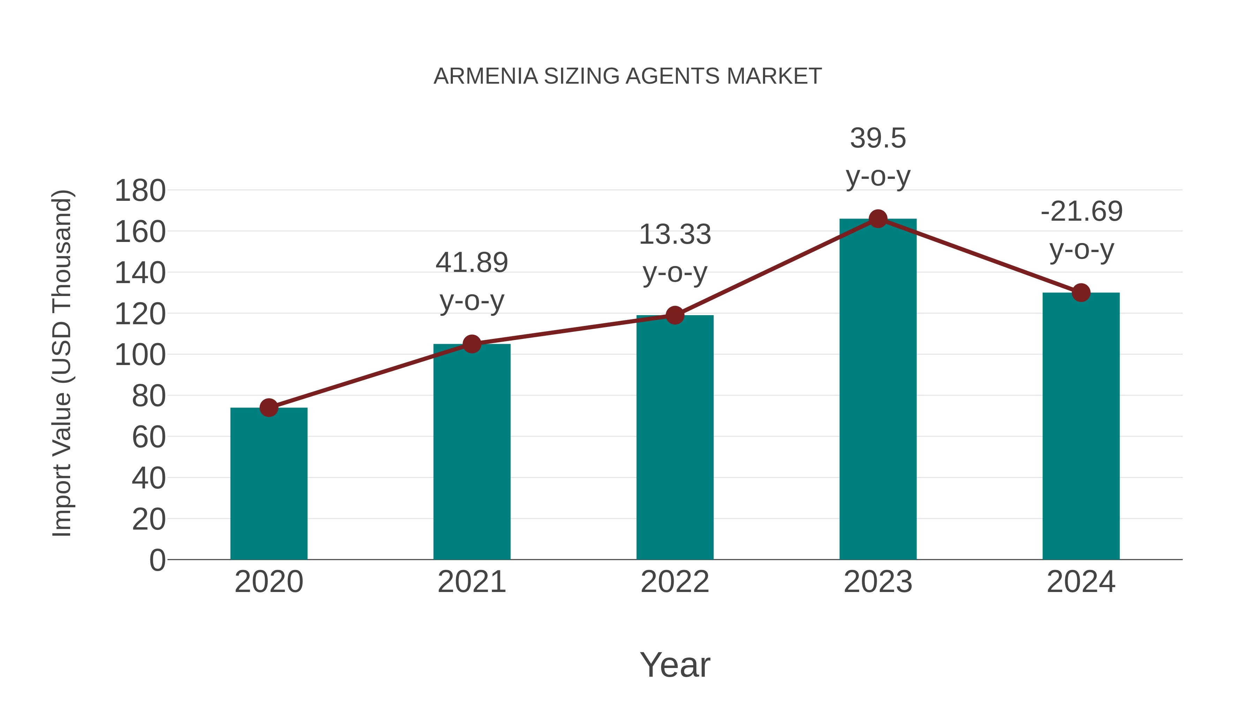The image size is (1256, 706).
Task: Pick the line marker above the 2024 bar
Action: click(x=1081, y=293)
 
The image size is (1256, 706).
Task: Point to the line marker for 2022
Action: click(x=675, y=315)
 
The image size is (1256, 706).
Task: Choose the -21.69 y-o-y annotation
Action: click(x=1081, y=230)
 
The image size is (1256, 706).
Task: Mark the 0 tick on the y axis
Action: click(x=157, y=560)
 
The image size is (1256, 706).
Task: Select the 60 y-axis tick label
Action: click(x=148, y=437)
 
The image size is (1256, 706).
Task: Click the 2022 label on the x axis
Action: click(x=675, y=582)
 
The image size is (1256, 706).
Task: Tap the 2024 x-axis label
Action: click(x=1081, y=582)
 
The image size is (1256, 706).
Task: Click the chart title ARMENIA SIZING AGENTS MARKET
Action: click(x=628, y=76)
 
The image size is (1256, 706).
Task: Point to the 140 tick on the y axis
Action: click(x=140, y=273)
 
